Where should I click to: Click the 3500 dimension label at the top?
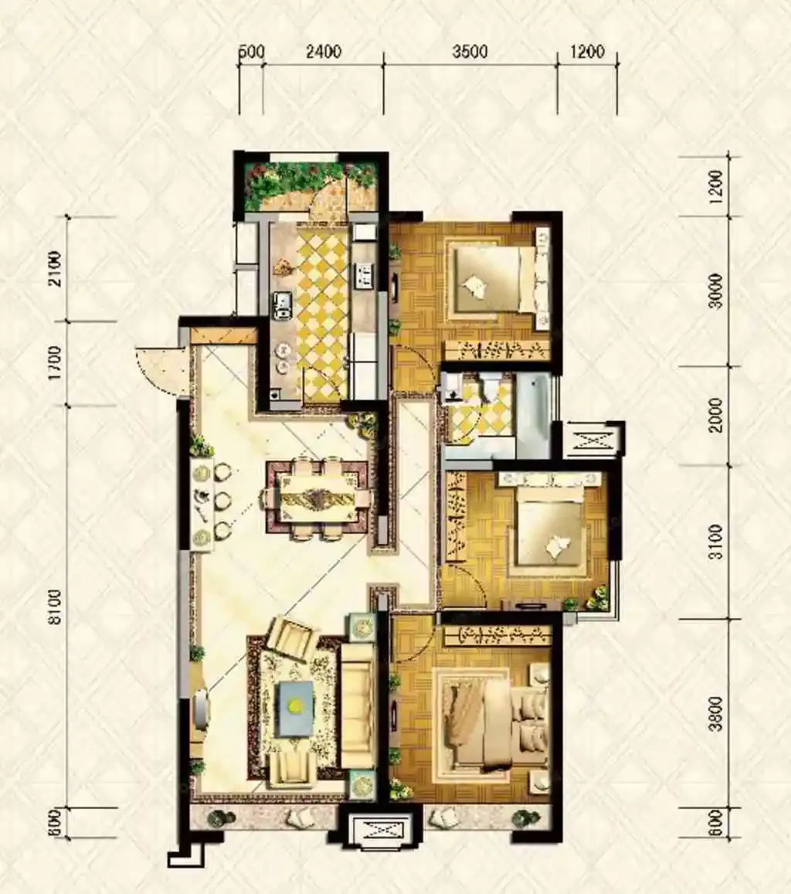click(470, 52)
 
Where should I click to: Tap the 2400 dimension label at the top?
click(323, 52)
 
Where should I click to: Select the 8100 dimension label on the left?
click(55, 607)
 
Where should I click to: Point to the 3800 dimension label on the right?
click(716, 713)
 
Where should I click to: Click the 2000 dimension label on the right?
click(716, 416)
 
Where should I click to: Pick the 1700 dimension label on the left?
click(55, 363)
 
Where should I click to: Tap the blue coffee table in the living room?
click(295, 709)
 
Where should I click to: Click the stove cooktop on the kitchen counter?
click(363, 275)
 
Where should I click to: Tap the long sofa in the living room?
click(358, 706)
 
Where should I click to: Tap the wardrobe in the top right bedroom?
click(496, 349)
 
